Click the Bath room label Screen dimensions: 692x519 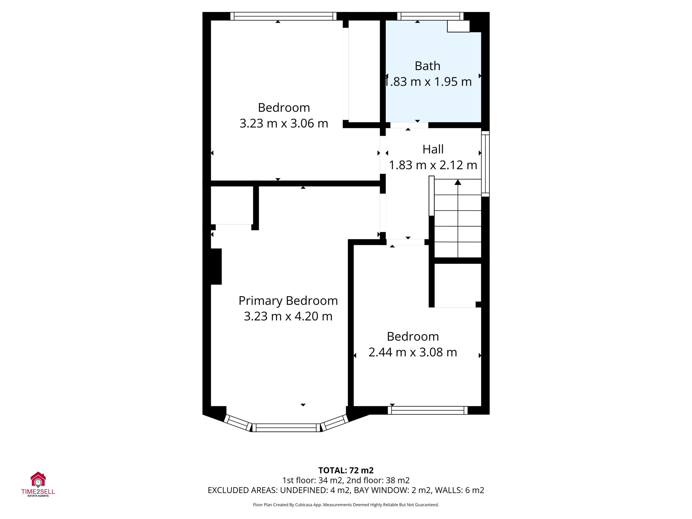pos(427,66)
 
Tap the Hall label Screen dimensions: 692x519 pos(433,149)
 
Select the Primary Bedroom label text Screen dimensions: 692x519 pos(288,301)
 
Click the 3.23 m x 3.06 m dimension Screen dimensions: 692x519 pos(284,123)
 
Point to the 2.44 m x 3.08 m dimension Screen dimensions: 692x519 pos(413,352)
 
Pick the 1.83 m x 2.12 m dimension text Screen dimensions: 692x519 pos(433,165)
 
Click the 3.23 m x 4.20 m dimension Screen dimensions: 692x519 pos(288,316)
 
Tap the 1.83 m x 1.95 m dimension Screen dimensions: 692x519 pos(428,82)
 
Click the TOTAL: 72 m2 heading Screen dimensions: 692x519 pos(346,471)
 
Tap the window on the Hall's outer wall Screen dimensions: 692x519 pos(485,164)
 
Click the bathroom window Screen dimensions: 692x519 pos(430,16)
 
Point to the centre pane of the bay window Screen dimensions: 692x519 pos(286,428)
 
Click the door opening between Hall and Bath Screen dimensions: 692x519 pos(409,125)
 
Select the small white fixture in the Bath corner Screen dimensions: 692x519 pos(458,26)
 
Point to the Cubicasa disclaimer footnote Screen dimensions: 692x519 pos(346,505)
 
